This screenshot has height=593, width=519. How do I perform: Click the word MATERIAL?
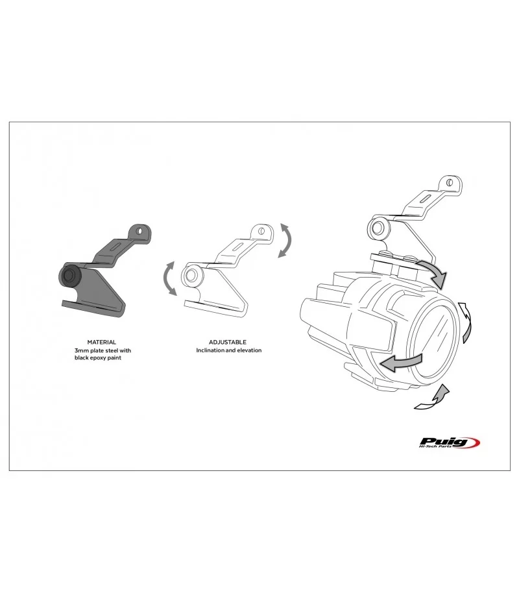pos(101,343)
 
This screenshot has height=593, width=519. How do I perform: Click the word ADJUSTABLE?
pos(227,343)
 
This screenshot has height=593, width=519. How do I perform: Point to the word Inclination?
pos(210,350)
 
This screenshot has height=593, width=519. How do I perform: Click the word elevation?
pos(249,350)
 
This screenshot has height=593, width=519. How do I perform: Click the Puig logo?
pos(450,442)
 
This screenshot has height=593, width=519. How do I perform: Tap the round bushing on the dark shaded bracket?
pos(69,275)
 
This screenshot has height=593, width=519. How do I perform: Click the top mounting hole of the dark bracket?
pos(140,230)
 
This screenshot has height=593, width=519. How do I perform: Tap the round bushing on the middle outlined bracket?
pos(191,274)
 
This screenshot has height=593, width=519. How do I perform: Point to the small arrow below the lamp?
pos(432,398)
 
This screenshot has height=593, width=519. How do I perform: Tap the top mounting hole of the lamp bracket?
pos(450,183)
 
